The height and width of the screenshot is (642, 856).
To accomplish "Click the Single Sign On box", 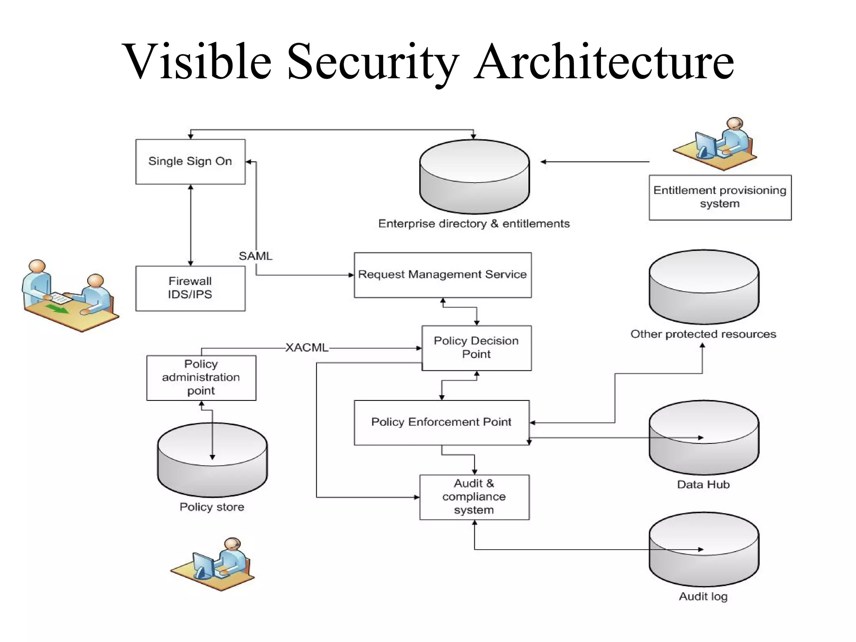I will [x=190, y=162].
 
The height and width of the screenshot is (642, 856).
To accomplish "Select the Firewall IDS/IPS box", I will [x=190, y=288].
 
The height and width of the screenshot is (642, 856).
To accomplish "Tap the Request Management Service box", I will [x=442, y=275].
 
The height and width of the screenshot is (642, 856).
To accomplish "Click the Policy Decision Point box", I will [x=476, y=348].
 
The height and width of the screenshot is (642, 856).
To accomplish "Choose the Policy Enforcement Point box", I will [x=441, y=423].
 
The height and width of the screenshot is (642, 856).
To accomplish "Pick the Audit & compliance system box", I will [x=474, y=497].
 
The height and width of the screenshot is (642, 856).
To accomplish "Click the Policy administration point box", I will [x=201, y=377].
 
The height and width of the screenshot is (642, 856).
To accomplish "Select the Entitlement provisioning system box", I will [x=720, y=197].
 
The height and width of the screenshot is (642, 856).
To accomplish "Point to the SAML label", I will [x=255, y=256].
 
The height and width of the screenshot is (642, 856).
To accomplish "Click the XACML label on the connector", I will [x=307, y=348].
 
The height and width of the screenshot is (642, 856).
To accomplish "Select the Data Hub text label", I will [x=703, y=485].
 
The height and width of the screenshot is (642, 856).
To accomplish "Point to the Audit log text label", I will [x=703, y=596].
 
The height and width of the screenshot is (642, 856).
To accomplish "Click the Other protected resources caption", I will [x=703, y=334].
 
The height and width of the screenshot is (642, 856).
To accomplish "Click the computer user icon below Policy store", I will [x=213, y=564].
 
